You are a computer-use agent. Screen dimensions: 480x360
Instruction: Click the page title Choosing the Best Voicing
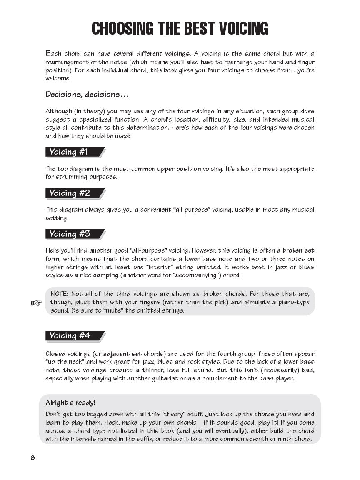180,28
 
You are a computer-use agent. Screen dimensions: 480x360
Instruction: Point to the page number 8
32,457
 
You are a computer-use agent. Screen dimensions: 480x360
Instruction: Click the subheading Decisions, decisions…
87,95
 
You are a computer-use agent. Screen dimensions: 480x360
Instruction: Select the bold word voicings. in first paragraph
178,54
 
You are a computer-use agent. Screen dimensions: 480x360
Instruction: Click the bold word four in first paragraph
213,70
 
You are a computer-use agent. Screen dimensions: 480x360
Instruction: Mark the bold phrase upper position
179,169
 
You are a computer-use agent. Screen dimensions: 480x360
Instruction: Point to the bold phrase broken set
298,250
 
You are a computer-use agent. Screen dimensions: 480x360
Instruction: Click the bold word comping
105,275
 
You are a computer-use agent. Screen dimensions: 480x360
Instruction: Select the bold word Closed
55,353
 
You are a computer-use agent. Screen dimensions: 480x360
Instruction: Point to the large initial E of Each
48,53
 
